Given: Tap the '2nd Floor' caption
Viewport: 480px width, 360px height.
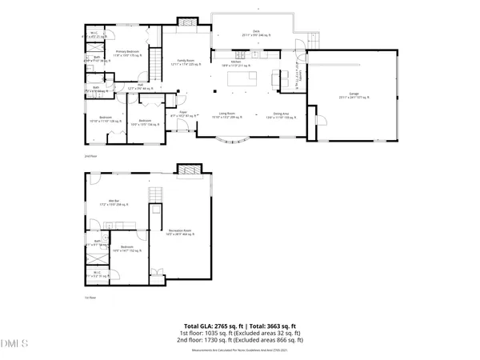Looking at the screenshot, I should [x=90, y=155].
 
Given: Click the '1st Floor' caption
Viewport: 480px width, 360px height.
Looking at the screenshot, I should [x=90, y=298].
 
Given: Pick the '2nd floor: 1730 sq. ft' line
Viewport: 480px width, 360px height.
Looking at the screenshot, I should [x=239, y=341].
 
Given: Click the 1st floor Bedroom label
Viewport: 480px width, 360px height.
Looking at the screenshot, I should [x=126, y=250].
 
